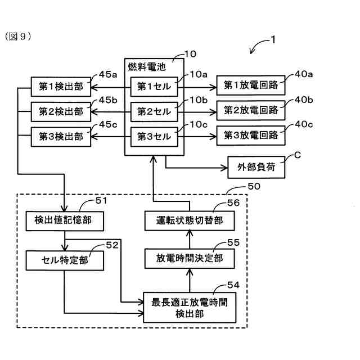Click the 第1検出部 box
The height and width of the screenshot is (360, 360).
(61, 87)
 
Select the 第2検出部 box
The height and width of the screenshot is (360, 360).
(61, 112)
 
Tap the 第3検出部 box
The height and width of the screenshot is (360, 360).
(61, 137)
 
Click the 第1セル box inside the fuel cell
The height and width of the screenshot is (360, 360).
(154, 87)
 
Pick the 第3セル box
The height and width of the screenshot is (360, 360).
(154, 137)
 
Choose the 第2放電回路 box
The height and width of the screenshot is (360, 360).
(251, 110)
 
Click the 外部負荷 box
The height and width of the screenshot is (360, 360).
(256, 168)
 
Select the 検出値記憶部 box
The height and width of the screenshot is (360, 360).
(65, 221)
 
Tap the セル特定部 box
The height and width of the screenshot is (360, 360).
(65, 260)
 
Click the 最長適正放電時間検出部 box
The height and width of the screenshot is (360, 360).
(190, 308)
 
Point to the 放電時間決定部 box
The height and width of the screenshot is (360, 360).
(190, 259)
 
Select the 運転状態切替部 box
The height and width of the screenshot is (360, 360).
(190, 220)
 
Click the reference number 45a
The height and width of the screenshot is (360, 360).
(108, 74)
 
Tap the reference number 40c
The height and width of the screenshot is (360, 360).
(304, 124)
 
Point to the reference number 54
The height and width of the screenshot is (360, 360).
(233, 285)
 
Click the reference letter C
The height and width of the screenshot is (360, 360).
(298, 155)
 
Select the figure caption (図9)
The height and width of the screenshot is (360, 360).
(18, 37)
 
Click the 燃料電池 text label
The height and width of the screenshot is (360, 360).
(147, 67)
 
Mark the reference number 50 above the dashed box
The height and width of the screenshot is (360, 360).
(254, 186)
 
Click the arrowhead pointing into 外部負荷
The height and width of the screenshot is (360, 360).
(224, 168)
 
